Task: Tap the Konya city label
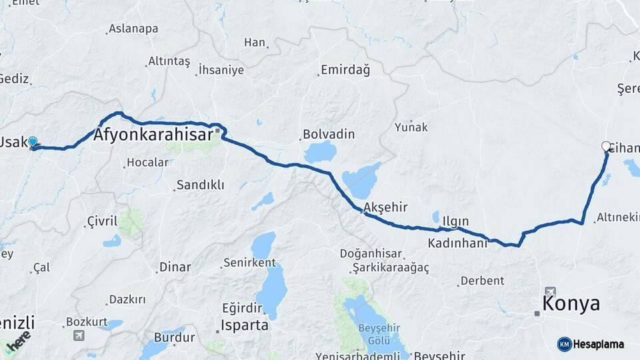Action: pos(571,304)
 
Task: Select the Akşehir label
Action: pos(387,207)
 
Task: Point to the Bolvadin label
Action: pos(329,134)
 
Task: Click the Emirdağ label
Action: pos(345,69)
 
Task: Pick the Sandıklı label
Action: pos(200,185)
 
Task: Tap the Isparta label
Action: pos(246,325)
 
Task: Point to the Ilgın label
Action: pos(455,221)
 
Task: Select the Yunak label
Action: pos(411,127)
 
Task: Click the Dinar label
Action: pos(175,267)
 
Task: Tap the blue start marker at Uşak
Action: pos(32,141)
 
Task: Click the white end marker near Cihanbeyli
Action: pos(606,146)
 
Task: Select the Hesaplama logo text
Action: pos(599,344)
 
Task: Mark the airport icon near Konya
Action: pos(550,291)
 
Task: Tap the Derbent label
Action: pos(483,281)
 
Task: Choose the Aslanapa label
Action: pos(133,29)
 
